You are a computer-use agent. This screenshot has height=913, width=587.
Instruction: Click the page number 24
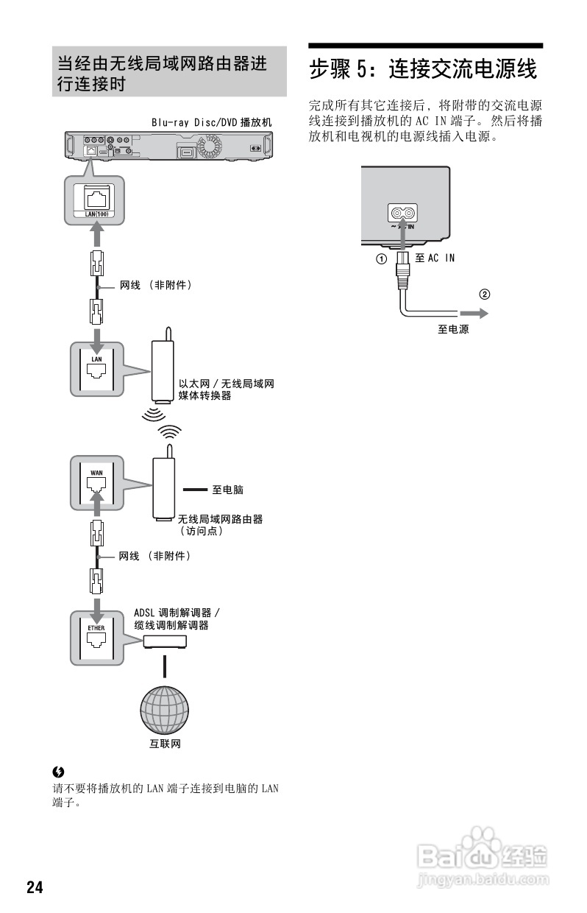35,886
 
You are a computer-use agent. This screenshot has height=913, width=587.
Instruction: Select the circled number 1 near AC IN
381,259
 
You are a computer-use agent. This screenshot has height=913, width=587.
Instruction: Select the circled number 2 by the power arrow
484,295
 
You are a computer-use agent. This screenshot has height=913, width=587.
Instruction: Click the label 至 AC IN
435,258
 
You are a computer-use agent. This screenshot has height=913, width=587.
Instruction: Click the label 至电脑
227,489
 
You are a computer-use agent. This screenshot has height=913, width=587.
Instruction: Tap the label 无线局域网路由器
220,519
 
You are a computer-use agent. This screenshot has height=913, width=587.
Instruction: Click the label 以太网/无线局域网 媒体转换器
227,389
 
